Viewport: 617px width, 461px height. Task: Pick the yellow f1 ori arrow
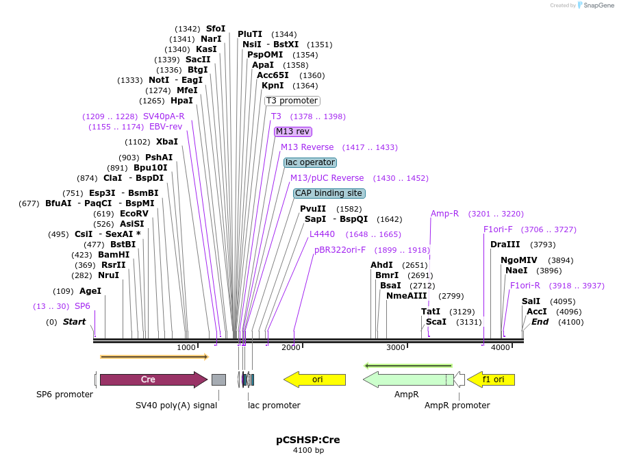click(x=492, y=379)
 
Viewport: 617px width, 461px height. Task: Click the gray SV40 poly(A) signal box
click(x=218, y=379)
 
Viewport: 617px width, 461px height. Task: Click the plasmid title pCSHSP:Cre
click(x=308, y=439)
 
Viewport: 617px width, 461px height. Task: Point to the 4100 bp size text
click(x=308, y=451)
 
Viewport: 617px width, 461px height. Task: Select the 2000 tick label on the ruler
click(x=291, y=347)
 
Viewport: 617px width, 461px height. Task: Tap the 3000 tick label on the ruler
click(x=396, y=347)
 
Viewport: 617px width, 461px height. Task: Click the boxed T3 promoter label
click(x=292, y=101)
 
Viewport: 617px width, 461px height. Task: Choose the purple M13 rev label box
click(x=292, y=132)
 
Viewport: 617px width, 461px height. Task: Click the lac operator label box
click(x=310, y=162)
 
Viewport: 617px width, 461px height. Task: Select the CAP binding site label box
click(x=329, y=193)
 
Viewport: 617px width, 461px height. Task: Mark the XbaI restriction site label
click(x=166, y=142)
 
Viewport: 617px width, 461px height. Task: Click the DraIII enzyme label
click(x=505, y=245)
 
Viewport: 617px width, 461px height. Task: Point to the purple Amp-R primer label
click(x=444, y=214)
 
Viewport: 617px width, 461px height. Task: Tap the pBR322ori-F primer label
click(x=340, y=250)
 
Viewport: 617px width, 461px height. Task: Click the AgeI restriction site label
click(x=90, y=291)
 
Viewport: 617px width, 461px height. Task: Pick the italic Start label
click(x=74, y=322)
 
